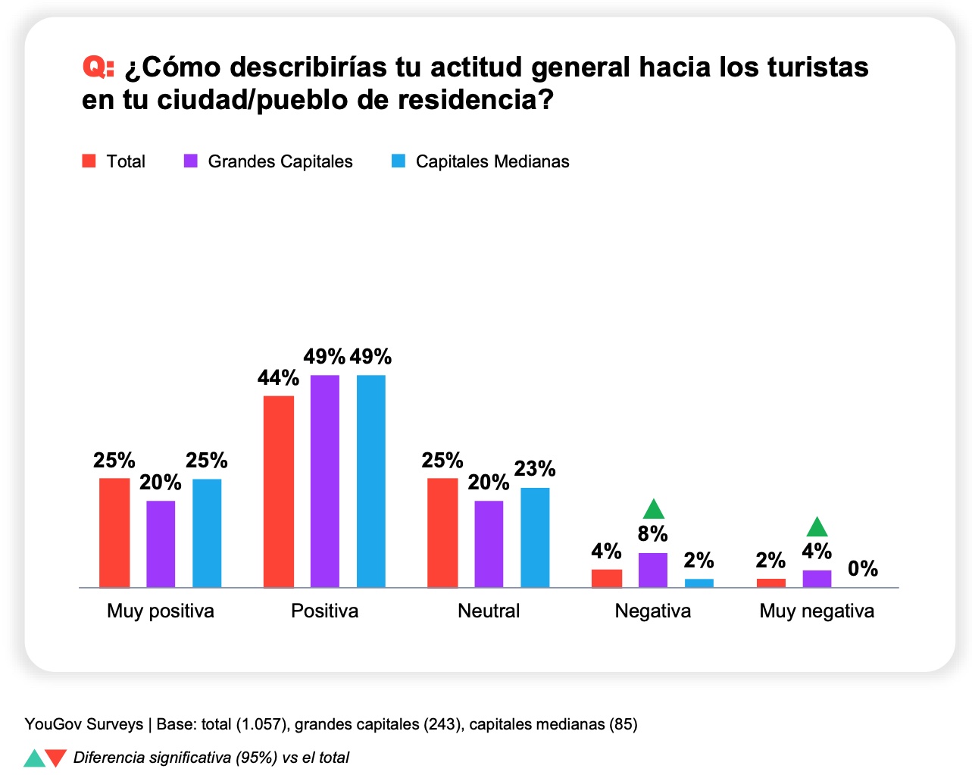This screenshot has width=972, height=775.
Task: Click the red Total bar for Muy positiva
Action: point(114,533)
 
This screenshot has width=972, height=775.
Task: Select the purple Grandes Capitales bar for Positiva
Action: point(324,481)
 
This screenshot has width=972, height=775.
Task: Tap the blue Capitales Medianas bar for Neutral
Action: point(535,537)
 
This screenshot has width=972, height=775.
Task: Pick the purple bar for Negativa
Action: point(652,570)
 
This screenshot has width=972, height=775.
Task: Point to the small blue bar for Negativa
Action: point(699,583)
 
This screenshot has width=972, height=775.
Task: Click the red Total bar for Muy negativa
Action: point(770,583)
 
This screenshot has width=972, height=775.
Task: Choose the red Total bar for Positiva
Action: point(278,491)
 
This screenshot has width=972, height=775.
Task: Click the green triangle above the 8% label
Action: point(653,510)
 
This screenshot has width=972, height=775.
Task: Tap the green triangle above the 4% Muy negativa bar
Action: point(817,527)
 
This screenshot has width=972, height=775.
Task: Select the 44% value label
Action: point(278,377)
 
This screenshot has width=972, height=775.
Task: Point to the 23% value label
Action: point(535,469)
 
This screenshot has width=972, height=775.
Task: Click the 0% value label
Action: point(863,568)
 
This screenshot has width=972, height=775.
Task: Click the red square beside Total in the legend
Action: point(89,161)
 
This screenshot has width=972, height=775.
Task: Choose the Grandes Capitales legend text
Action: point(280,161)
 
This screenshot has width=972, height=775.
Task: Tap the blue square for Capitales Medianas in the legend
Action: point(398,161)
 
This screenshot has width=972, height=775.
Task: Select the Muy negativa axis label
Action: point(817,611)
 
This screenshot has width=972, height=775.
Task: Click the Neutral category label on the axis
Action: point(489,611)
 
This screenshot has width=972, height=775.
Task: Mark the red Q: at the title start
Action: point(98,67)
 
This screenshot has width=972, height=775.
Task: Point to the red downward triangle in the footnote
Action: point(56,758)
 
